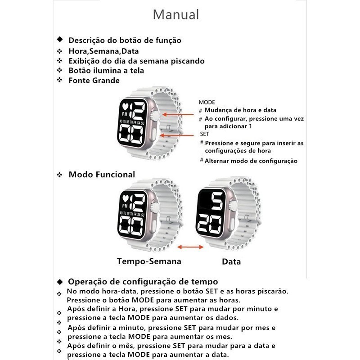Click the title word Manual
click(175, 14)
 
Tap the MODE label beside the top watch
click(207, 103)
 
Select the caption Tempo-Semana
click(149, 261)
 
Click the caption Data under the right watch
click(231, 261)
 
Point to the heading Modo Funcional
click(102, 174)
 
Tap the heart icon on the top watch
click(126, 107)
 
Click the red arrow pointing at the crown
click(174, 115)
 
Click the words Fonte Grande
click(94, 81)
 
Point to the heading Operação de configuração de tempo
click(143, 282)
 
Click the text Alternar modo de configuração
click(251, 161)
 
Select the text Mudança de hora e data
click(241, 110)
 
